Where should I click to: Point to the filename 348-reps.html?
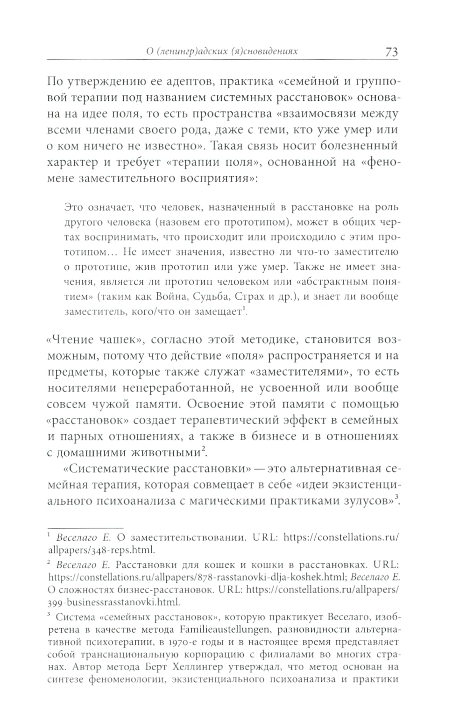point(112,550)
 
